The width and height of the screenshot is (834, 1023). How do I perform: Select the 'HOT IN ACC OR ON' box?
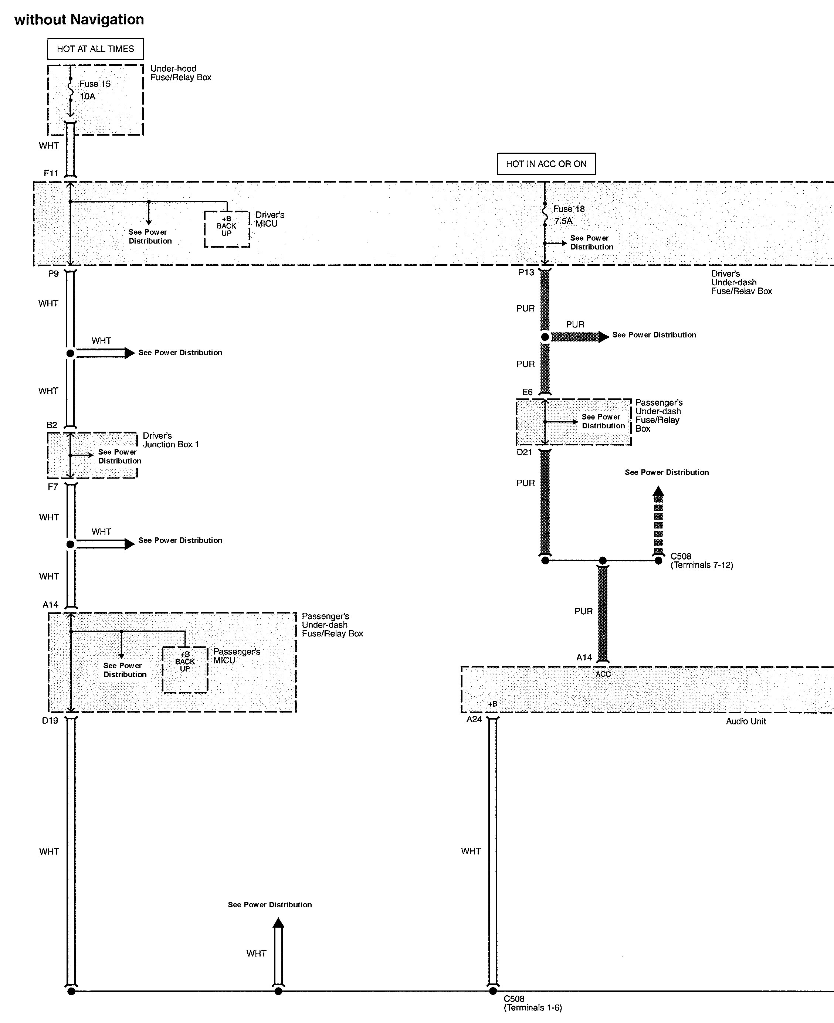546,164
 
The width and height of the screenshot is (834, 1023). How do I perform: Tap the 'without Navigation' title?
79,19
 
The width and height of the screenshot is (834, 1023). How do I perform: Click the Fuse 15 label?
95,84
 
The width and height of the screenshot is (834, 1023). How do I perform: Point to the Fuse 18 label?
569,209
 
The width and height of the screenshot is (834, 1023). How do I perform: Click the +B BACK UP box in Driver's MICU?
227,229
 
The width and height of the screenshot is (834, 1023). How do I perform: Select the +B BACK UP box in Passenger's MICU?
185,670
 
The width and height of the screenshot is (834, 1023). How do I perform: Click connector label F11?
51,173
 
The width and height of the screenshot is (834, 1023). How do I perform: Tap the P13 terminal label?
526,272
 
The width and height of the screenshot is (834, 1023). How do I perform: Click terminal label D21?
524,452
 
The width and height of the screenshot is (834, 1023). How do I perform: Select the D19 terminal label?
50,720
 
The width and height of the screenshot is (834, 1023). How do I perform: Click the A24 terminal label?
474,719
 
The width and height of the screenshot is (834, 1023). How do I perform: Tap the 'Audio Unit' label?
746,721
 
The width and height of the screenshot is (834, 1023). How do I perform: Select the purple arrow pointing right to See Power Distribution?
580,337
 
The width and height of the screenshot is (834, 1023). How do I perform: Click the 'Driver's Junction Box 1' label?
170,440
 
